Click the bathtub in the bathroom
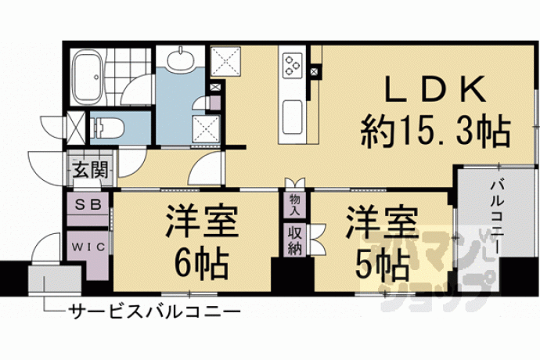click(88, 77)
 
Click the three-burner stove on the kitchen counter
click(292, 65)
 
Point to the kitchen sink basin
click(292, 118)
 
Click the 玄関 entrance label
click(90, 170)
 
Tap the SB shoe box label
click(88, 204)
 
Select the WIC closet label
click(88, 247)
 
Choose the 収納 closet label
click(295, 240)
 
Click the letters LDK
click(435, 89)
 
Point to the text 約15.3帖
click(434, 131)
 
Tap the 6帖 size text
click(201, 265)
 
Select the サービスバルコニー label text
click(154, 312)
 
